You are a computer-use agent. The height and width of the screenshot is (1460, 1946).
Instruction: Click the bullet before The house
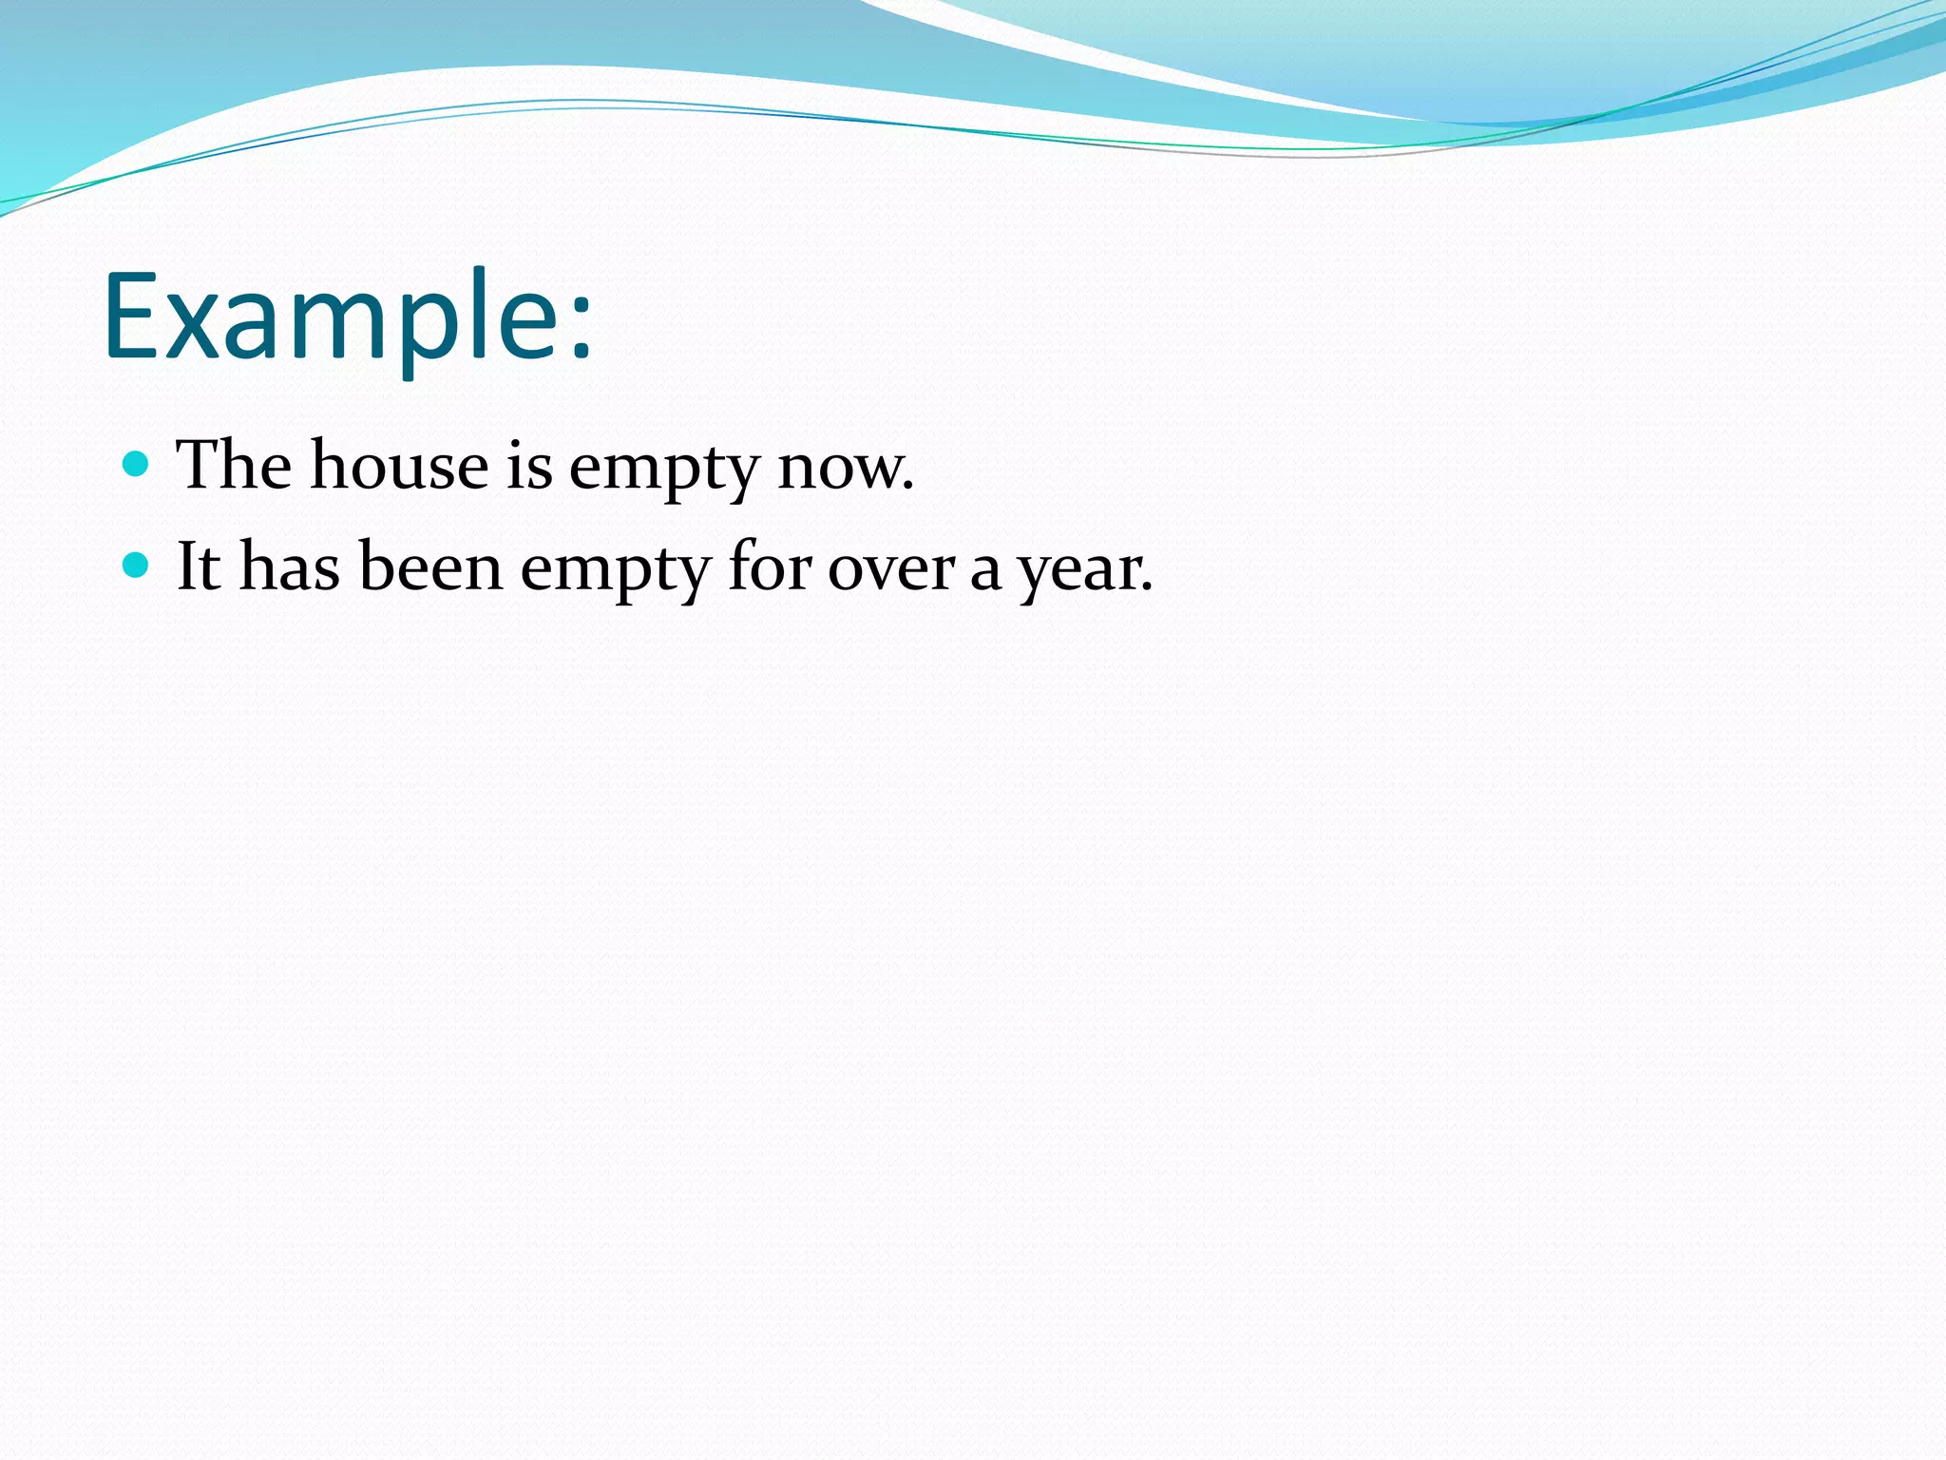click(x=137, y=464)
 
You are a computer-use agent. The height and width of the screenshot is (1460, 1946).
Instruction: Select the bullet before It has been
click(x=137, y=566)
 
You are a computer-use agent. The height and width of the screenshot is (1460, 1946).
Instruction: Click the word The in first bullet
click(x=234, y=465)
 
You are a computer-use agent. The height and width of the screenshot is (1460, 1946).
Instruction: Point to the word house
click(x=399, y=465)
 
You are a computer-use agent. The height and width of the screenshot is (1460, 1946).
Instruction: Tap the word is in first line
click(x=528, y=465)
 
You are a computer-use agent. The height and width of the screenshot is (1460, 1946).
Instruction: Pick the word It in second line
click(x=199, y=567)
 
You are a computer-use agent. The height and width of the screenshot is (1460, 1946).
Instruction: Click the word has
click(x=289, y=567)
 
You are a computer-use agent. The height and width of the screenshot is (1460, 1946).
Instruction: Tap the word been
click(x=430, y=567)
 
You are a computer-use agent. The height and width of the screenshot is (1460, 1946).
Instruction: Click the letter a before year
click(x=985, y=571)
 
